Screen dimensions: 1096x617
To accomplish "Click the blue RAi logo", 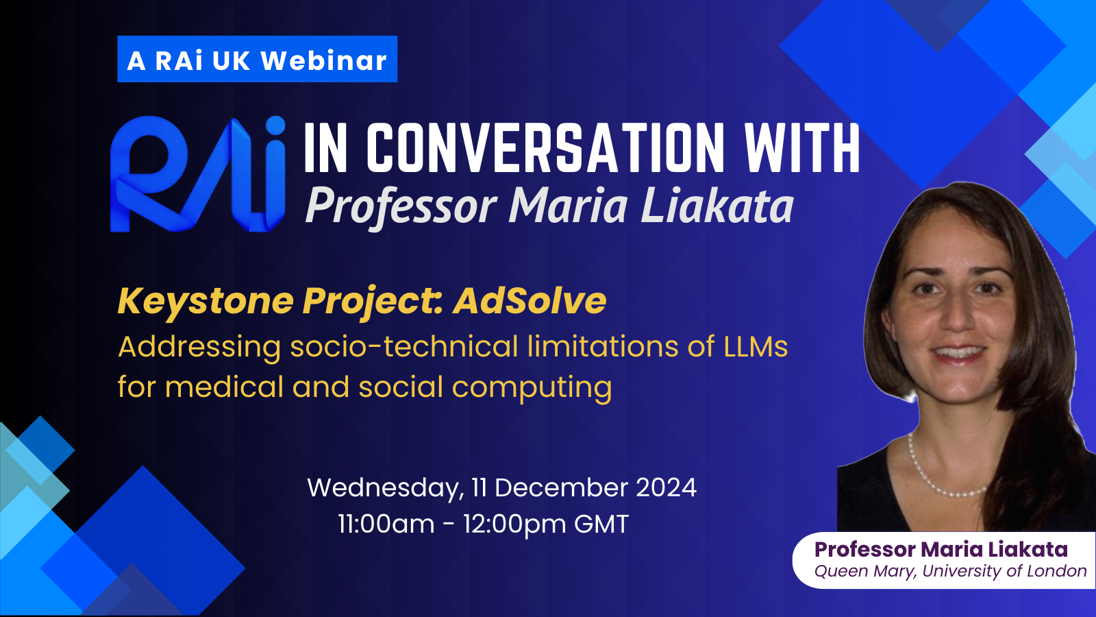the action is [198, 174].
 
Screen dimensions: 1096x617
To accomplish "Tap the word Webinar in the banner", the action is [323, 60].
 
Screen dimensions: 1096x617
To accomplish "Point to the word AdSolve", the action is [530, 300].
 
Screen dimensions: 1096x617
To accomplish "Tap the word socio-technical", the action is [404, 346].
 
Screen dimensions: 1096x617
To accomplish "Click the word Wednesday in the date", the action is [386, 489].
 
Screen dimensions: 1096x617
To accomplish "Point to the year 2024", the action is [666, 487].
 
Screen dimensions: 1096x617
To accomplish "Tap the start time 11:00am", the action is [386, 524].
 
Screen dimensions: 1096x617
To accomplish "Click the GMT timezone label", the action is [601, 524].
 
